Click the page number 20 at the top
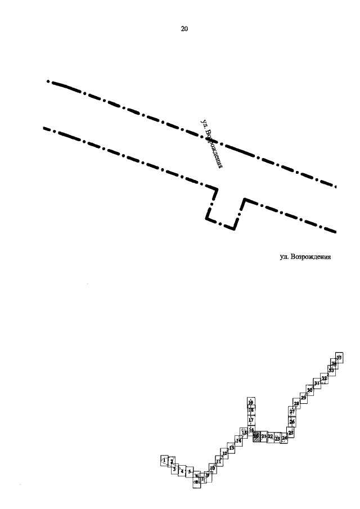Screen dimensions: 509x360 [184, 29]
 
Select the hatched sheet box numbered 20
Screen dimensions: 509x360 [256, 436]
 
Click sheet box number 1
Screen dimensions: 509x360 [164, 461]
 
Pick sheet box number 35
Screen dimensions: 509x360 [339, 357]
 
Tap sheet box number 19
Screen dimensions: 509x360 [250, 402]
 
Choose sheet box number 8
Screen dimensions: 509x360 [197, 482]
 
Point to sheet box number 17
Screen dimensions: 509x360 [251, 420]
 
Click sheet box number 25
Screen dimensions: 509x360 [291, 433]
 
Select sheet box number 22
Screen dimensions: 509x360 [271, 436]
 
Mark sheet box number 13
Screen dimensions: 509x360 [231, 448]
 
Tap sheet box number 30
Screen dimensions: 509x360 [309, 390]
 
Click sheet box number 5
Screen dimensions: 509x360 [190, 471]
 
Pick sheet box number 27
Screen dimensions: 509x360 [292, 412]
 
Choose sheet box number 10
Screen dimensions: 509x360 [213, 467]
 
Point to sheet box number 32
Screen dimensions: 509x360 [325, 378]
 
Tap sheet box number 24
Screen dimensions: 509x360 [285, 438]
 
